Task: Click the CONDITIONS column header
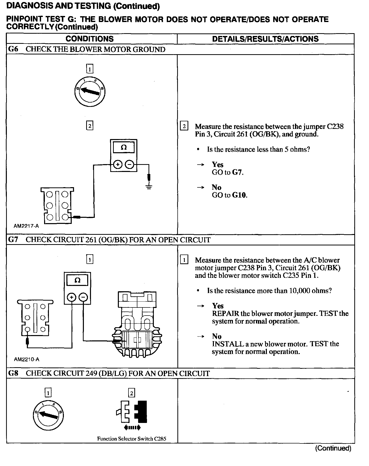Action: [89, 39]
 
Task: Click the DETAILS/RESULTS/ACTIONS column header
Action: [265, 39]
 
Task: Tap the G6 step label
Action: [13, 49]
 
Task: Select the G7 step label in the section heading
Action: [13, 240]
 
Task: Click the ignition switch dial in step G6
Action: [90, 91]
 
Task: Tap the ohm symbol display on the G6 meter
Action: [124, 147]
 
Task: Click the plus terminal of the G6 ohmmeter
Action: [117, 165]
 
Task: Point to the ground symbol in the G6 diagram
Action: [149, 187]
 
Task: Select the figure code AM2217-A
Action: [26, 226]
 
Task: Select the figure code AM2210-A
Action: [27, 359]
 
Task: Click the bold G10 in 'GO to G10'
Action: [239, 195]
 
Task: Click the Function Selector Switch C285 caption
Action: [132, 439]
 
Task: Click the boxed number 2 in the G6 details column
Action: [184, 126]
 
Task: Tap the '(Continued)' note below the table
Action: [333, 448]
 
